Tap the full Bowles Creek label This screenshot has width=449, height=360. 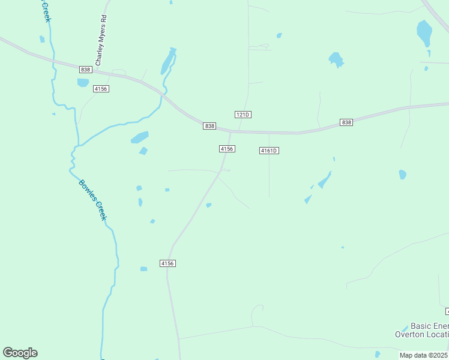92,200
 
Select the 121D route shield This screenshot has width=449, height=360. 242,114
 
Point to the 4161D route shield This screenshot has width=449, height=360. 270,150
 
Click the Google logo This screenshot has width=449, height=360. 20,353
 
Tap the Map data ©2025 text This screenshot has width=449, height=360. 423,355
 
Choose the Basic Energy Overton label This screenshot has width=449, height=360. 421,330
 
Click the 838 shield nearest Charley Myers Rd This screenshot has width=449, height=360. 85,70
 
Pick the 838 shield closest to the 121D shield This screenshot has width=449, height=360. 209,125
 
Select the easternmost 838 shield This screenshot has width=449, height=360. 346,122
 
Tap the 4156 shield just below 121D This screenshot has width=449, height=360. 226,148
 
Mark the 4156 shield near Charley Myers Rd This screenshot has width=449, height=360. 100,88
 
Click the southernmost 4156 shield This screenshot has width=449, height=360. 167,263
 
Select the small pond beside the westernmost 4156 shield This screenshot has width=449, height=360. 83,83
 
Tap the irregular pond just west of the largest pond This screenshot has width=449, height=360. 336,59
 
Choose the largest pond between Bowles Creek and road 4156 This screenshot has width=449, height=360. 139,137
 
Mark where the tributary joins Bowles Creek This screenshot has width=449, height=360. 76,146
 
